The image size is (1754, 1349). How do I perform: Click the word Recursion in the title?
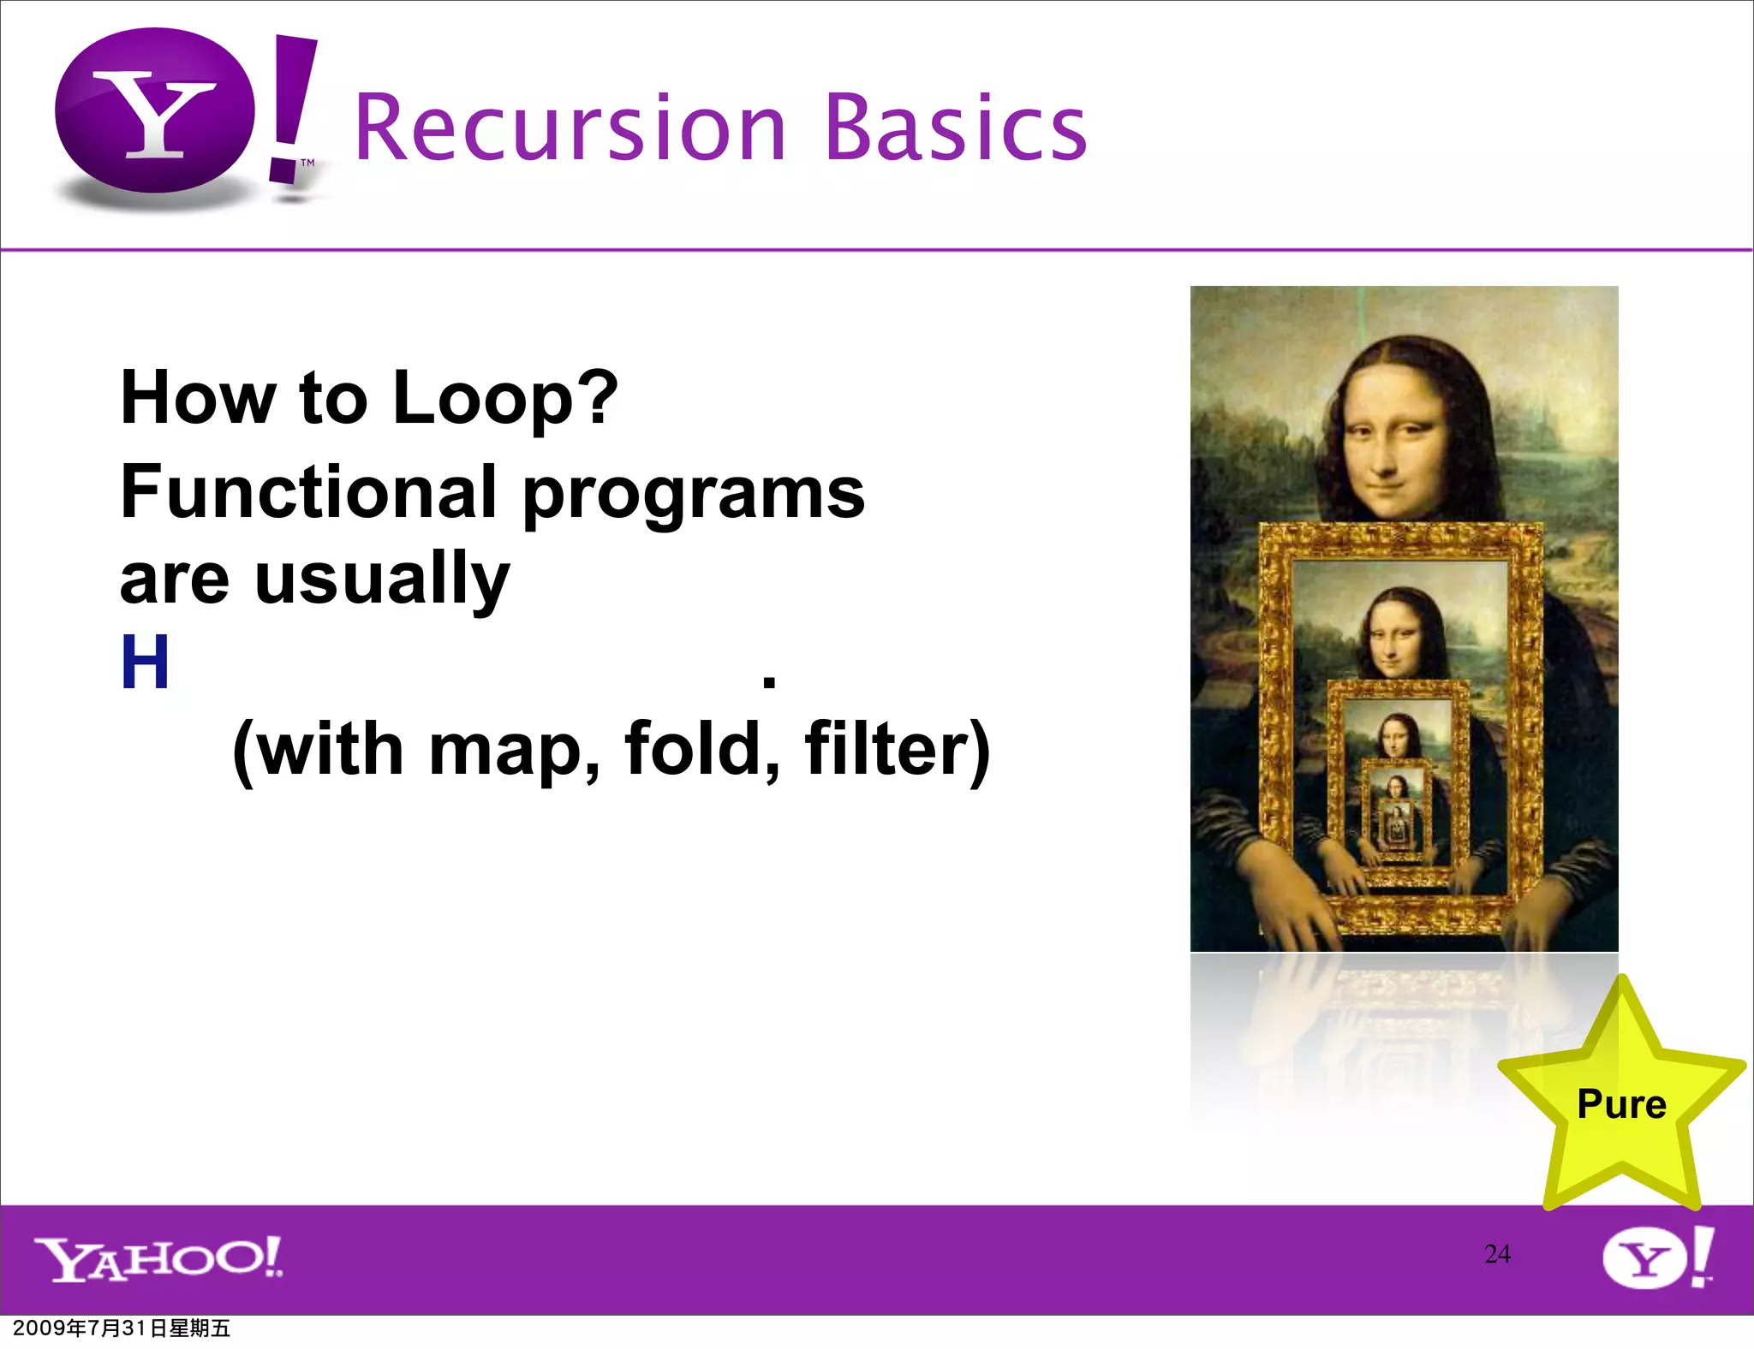click(570, 128)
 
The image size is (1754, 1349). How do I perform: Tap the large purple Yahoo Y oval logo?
click(155, 111)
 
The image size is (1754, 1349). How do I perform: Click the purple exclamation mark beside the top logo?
click(291, 107)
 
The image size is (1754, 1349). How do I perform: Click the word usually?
click(382, 580)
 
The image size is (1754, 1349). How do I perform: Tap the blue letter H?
click(145, 663)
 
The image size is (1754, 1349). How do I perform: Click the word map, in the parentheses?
click(514, 750)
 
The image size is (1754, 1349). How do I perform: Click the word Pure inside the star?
click(1621, 1104)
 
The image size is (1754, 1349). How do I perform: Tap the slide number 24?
click(1497, 1254)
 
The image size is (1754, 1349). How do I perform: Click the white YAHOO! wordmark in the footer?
click(158, 1258)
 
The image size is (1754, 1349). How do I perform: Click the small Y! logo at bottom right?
click(1657, 1257)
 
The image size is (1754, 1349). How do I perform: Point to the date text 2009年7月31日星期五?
click(122, 1328)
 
